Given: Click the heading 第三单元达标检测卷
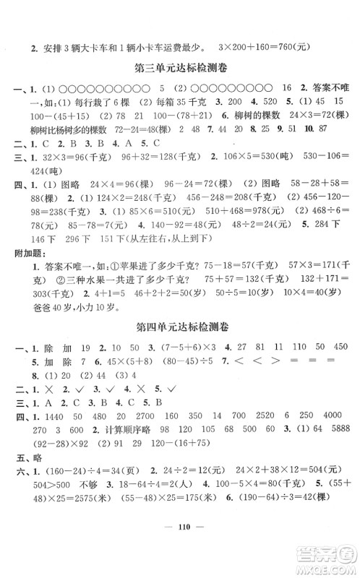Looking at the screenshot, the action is [x=180, y=69].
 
